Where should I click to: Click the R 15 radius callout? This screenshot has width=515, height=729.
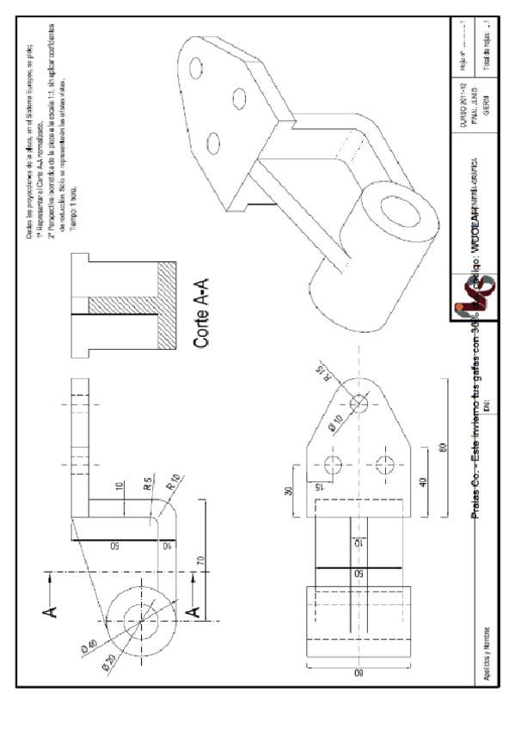coord(322,373)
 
